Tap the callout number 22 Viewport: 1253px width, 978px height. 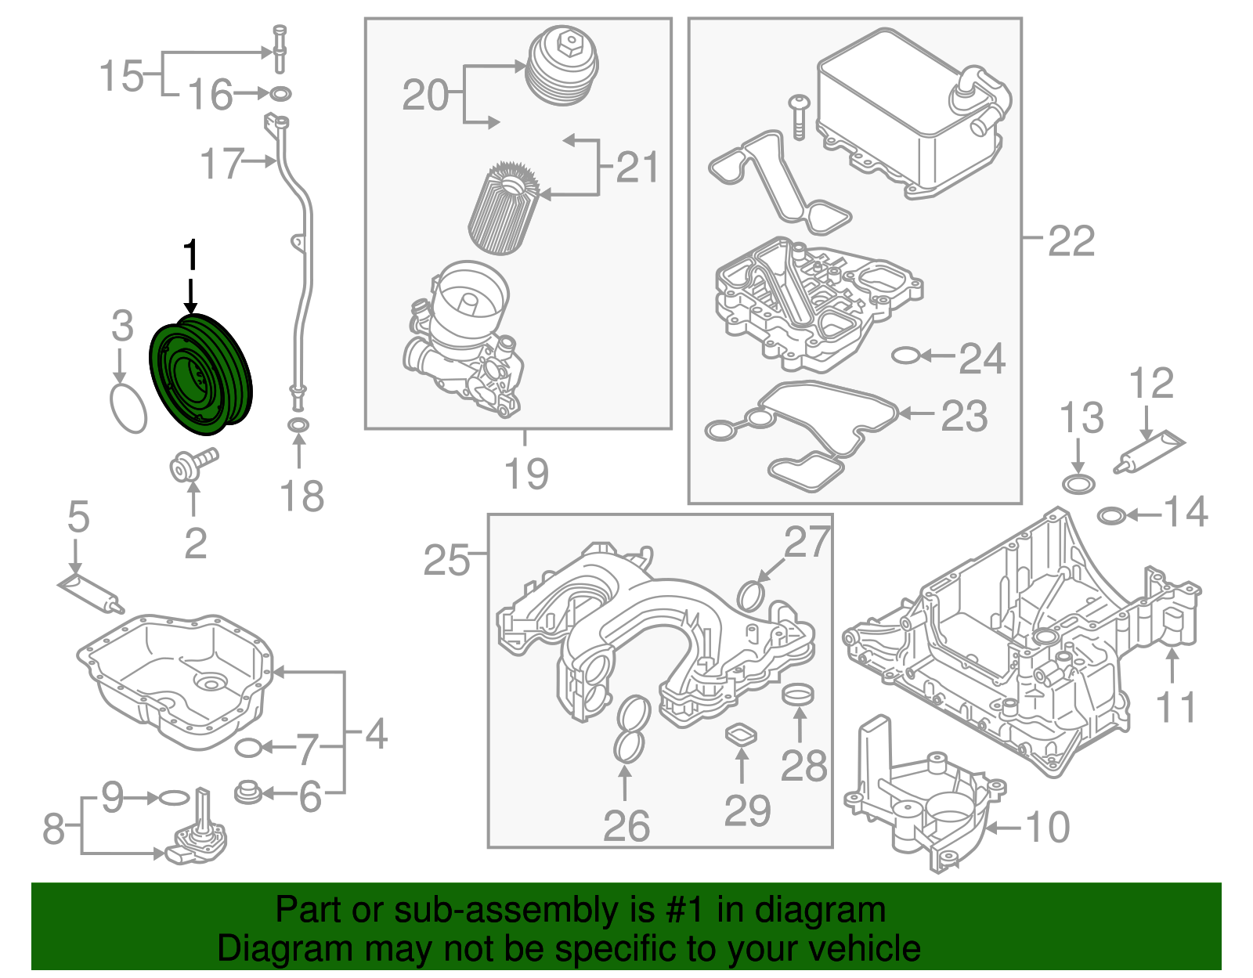[x=1071, y=240]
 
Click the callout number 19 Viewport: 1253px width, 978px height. [x=525, y=473]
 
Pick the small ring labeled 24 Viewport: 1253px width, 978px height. [x=905, y=356]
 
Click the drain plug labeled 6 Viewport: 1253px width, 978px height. [x=247, y=792]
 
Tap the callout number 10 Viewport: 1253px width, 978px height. [x=1047, y=827]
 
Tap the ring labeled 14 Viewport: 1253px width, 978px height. [x=1112, y=515]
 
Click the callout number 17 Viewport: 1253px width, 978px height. [x=222, y=164]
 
